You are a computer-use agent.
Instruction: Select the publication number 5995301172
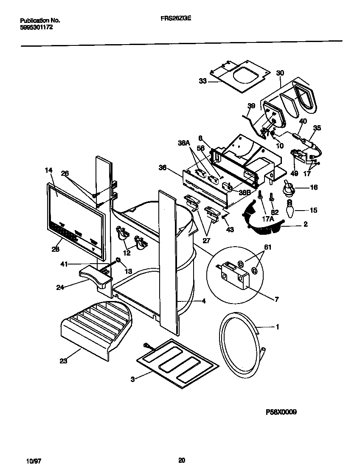tap(36, 27)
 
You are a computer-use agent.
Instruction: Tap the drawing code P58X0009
tap(281, 411)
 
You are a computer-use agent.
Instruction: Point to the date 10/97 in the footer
tap(34, 460)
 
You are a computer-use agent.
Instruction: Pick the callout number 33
tap(202, 81)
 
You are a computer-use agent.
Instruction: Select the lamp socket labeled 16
tap(289, 187)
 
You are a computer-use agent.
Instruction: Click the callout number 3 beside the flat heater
tap(132, 379)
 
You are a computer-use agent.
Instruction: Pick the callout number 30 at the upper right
tap(280, 73)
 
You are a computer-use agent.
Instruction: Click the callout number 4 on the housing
tap(204, 301)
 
